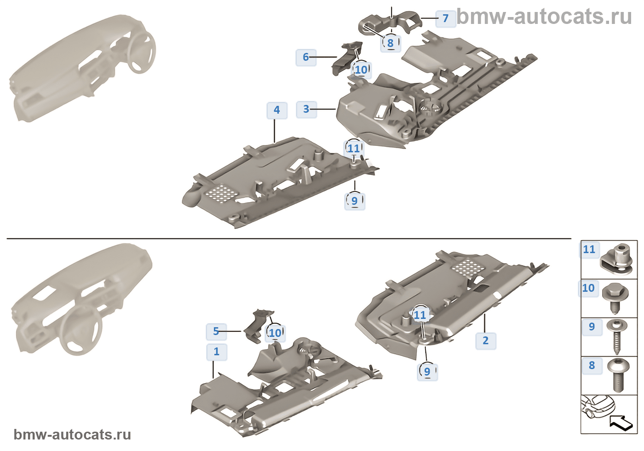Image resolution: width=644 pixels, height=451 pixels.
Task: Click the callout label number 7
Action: [x=445, y=18]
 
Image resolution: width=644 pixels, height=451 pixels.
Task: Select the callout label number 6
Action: [x=306, y=57]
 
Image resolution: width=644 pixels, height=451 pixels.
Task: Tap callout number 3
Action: [x=306, y=109]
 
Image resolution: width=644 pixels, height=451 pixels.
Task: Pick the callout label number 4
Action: [x=276, y=110]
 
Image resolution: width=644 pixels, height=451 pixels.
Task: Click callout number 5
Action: [x=216, y=331]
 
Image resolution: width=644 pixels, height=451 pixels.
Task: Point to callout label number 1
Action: [x=217, y=352]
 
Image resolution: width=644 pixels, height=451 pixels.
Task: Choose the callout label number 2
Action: [x=485, y=341]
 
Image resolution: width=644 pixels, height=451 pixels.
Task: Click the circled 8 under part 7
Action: [x=391, y=43]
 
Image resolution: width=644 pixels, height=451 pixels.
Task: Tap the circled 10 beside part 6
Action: [x=361, y=69]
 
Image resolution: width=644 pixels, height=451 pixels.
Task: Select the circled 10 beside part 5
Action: [x=275, y=333]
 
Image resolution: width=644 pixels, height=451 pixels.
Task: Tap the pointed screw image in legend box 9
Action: [x=616, y=336]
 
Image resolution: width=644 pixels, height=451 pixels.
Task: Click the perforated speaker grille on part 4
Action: [x=221, y=193]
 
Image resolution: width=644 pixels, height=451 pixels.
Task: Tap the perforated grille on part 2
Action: [x=466, y=267]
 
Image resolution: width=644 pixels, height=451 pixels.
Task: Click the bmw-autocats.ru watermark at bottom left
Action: [x=72, y=435]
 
